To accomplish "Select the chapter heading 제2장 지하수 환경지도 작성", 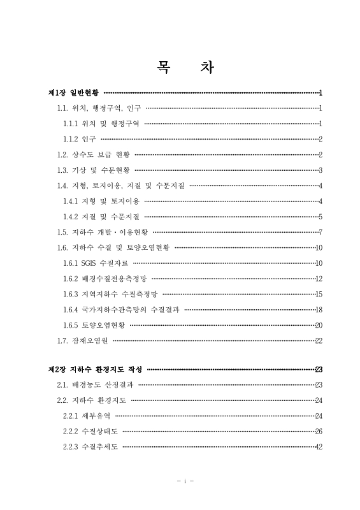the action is point(96,369).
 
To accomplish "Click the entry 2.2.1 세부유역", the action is point(86,416).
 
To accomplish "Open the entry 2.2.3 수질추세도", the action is point(90,446).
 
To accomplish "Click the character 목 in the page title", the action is point(159,67).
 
